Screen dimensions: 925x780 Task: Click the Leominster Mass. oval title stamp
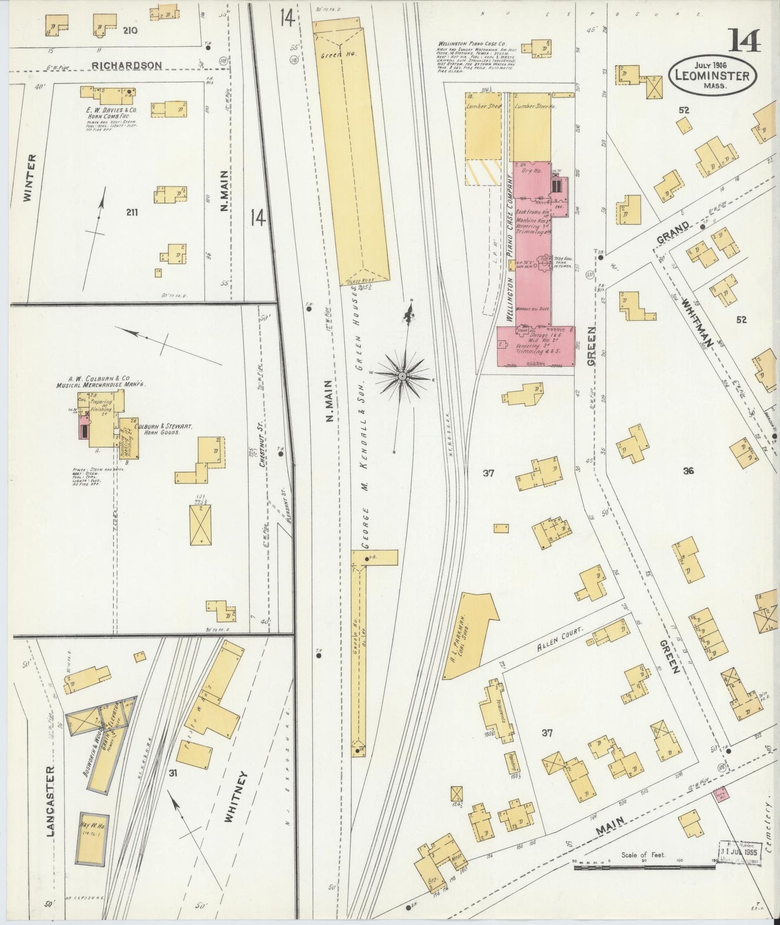point(712,75)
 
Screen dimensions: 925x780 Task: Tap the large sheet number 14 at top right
point(745,40)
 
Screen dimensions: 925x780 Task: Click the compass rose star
point(402,375)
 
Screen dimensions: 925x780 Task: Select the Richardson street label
point(126,65)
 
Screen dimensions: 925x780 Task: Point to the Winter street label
point(30,178)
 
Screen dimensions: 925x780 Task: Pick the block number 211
point(132,213)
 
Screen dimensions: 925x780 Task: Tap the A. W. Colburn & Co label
point(101,382)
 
